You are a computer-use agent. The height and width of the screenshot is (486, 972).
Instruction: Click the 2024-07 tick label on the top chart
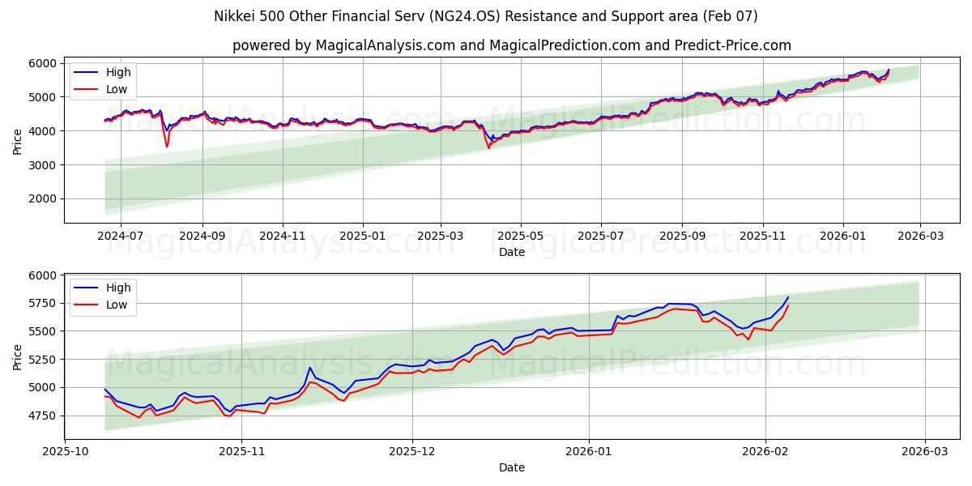pyautogui.click(x=121, y=235)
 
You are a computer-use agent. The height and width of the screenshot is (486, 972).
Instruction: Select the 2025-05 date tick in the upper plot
pyautogui.click(x=520, y=235)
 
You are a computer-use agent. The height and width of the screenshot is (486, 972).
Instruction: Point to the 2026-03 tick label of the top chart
pyautogui.click(x=920, y=235)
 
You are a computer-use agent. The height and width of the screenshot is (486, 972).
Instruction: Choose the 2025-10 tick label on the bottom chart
pyautogui.click(x=66, y=451)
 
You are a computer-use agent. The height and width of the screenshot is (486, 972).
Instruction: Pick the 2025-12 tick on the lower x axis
pyautogui.click(x=412, y=451)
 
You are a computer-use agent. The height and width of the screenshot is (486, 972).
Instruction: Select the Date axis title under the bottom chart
pyautogui.click(x=511, y=467)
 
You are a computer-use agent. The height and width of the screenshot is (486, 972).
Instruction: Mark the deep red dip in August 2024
pyautogui.click(x=167, y=146)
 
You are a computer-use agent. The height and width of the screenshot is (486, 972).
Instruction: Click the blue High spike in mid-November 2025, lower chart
pyautogui.click(x=309, y=368)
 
